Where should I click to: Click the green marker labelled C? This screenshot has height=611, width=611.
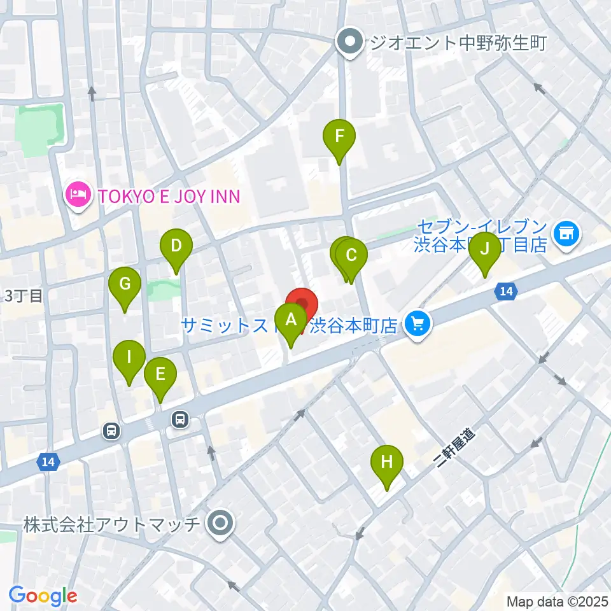pyautogui.click(x=351, y=257)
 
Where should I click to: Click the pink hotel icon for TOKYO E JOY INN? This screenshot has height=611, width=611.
pyautogui.click(x=78, y=195)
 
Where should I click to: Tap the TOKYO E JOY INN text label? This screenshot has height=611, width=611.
pyautogui.click(x=169, y=195)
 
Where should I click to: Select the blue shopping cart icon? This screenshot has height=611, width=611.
pyautogui.click(x=418, y=326)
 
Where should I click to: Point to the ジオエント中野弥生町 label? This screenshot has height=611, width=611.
pyautogui.click(x=459, y=43)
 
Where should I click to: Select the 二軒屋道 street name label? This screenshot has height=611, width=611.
pyautogui.click(x=457, y=448)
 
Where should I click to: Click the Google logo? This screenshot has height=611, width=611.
pyautogui.click(x=43, y=596)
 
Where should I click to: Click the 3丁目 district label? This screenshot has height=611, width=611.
pyautogui.click(x=24, y=296)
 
